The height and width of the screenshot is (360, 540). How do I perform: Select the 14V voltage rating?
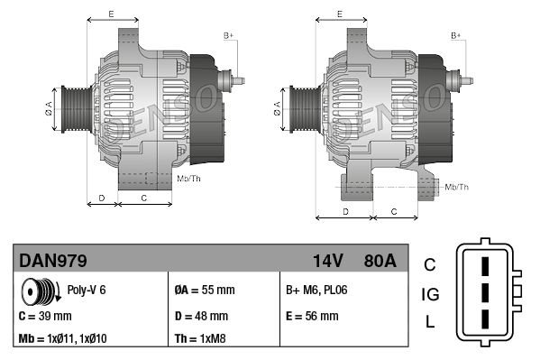(328, 262)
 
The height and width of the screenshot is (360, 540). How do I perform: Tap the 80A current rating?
(378, 262)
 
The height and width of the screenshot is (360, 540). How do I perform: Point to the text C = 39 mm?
(45, 317)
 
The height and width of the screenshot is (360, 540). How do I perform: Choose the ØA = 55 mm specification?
(204, 291)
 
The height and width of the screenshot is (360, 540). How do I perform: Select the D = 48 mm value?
(201, 317)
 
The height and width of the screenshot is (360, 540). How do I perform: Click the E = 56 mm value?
(312, 317)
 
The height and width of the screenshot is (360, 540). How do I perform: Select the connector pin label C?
(430, 264)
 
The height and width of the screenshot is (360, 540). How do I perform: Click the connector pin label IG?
(430, 294)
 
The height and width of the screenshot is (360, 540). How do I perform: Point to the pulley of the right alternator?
(301, 112)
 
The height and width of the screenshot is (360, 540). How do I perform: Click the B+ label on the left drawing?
(229, 35)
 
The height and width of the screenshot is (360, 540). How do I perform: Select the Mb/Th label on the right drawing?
(457, 187)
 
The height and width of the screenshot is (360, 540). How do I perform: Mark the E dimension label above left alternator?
(111, 14)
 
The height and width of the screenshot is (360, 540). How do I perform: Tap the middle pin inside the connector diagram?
(484, 294)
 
